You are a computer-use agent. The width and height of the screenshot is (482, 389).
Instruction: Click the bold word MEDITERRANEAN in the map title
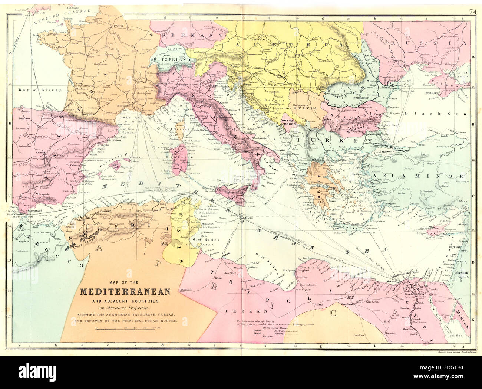tap(125, 291)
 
